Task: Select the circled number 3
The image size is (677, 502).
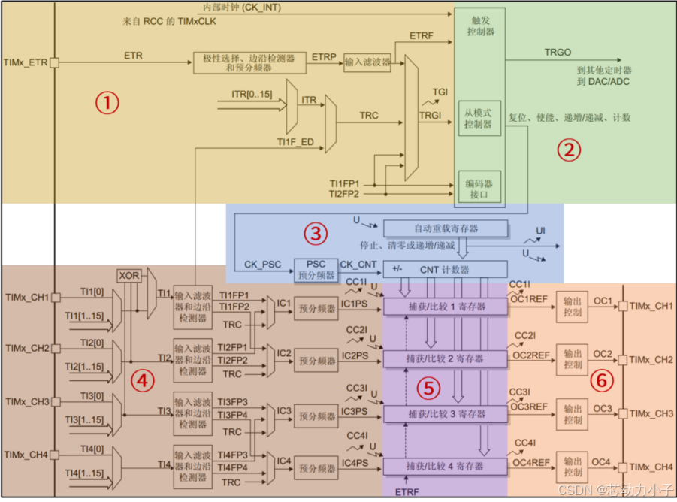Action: [x=316, y=234]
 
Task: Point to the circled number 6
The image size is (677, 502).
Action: [x=600, y=381]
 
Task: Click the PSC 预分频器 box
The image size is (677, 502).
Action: [x=315, y=269]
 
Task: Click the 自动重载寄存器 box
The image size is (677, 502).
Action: [x=446, y=228]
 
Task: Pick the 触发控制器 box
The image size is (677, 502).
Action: [x=479, y=26]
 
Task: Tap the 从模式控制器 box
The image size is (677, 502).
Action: [x=479, y=118]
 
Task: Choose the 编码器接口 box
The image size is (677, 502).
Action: [x=479, y=188]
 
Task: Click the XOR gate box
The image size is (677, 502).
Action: [x=129, y=277]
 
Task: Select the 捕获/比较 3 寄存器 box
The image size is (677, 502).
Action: [x=446, y=414]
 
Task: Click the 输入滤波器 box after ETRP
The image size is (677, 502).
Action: [x=367, y=63]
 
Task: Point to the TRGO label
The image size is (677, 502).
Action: [x=558, y=53]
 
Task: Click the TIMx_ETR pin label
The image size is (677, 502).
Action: [x=25, y=64]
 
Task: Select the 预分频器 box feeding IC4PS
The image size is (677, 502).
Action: [x=315, y=468]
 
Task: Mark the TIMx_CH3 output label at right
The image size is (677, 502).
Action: [x=651, y=413]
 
